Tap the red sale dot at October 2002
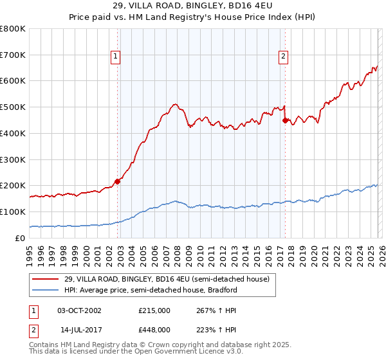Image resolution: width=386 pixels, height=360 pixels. [118, 181]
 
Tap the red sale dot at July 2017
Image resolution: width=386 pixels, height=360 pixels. [285, 119]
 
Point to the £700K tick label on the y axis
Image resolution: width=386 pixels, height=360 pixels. [13, 55]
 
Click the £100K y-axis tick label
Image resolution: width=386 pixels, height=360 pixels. [13, 212]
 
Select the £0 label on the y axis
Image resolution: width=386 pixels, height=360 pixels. [21, 238]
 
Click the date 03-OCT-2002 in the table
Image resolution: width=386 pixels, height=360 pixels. [79, 310]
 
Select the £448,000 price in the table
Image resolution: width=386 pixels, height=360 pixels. [154, 329]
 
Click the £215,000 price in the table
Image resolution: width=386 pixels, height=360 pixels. [154, 310]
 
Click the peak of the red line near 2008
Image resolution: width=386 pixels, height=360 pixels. [174, 104]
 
